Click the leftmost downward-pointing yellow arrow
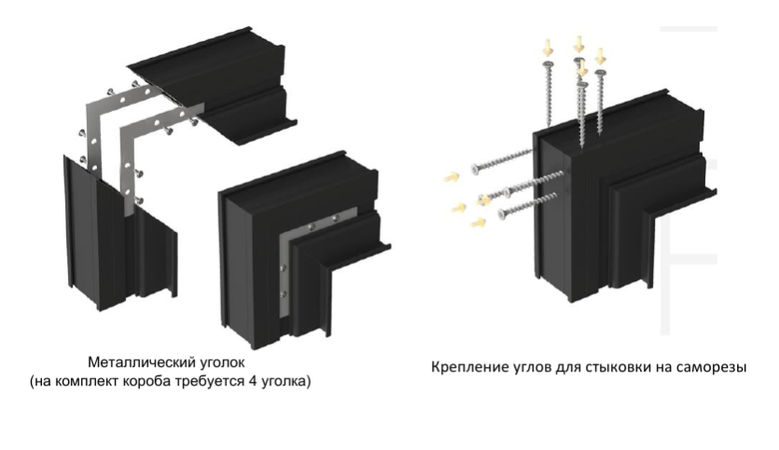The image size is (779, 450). point(548,48)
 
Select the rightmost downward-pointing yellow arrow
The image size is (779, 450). point(600,56)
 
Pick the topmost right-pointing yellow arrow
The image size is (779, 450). point(452,176)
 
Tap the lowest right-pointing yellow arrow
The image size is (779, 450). point(478,222)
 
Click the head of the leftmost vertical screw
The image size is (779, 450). point(548,64)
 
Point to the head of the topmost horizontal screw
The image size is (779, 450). point(475,170)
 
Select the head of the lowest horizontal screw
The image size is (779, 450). point(502,214)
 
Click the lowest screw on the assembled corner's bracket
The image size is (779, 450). point(284,294)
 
